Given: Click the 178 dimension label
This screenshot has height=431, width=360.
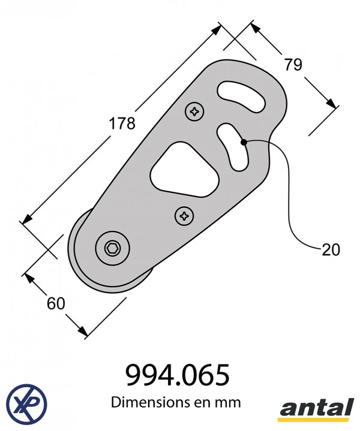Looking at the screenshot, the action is tap(122, 123).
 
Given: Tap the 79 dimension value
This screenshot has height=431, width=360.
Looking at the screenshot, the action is tap(293, 65).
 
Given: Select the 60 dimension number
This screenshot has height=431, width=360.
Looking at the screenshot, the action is tap(56, 303).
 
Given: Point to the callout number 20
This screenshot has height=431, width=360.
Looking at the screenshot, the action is tap(331, 250).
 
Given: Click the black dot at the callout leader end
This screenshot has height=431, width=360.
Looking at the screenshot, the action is tap(244, 142).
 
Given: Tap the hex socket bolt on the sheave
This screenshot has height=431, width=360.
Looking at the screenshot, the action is tap(113, 249).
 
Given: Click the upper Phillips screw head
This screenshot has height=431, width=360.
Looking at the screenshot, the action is tap(194, 111).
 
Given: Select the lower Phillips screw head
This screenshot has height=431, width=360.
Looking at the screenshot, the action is tap(184, 216).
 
